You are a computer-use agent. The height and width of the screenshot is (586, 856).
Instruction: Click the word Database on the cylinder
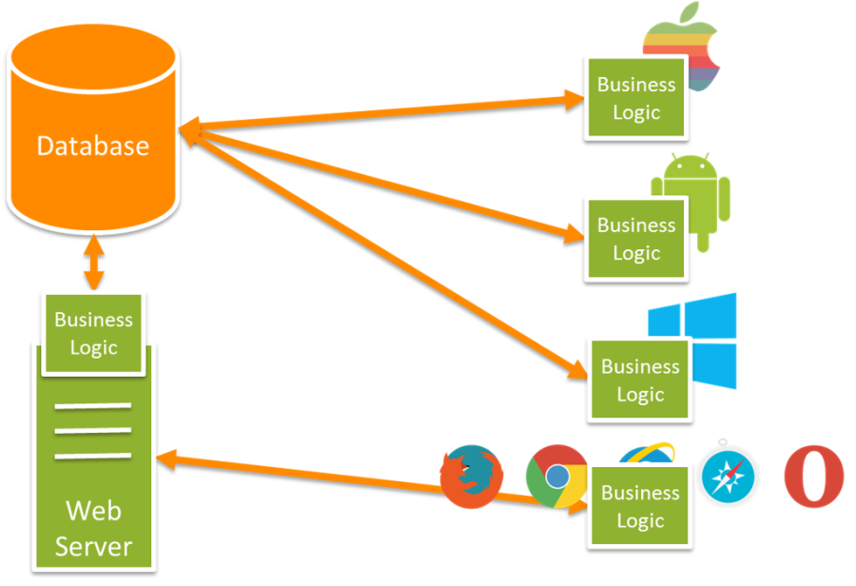click(x=92, y=146)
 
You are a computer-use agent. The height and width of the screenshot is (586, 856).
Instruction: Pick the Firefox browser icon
click(x=470, y=476)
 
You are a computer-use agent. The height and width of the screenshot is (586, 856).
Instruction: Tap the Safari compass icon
click(x=730, y=475)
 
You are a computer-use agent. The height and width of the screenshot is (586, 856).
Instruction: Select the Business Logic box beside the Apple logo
click(x=635, y=98)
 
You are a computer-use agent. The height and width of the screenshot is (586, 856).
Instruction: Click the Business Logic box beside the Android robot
click(x=635, y=239)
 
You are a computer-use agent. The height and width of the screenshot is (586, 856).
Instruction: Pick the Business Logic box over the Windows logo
click(x=639, y=380)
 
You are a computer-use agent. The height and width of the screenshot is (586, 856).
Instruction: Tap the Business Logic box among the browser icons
click(x=639, y=506)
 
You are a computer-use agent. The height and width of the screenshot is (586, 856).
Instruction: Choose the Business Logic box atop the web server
click(x=93, y=333)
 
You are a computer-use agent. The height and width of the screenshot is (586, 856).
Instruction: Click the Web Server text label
click(x=93, y=528)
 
